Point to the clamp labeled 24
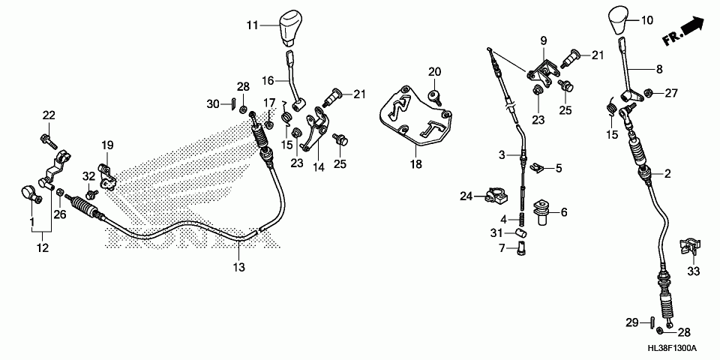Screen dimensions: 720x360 coord(494,197)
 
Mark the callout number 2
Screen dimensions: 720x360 coord(667,174)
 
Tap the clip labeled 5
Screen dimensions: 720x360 coord(536,167)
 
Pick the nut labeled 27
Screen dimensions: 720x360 coord(647,94)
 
